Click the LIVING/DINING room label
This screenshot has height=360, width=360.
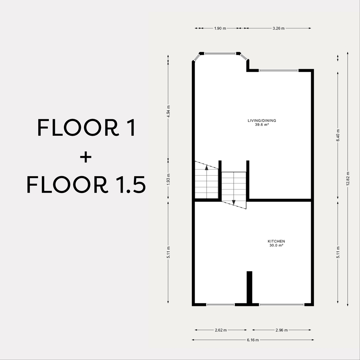262,121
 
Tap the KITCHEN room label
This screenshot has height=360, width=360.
276,241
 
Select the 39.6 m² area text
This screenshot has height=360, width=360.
262,125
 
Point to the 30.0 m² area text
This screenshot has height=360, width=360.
276,245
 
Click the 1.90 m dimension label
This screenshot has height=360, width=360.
220,28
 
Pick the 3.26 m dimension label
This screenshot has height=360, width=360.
278,28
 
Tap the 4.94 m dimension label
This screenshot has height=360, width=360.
168,111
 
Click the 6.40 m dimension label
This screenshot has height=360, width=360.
338,135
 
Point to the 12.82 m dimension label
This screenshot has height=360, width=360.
348,179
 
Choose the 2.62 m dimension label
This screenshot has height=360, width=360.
221,330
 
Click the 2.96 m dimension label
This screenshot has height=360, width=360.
282,330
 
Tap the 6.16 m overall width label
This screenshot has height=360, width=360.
253,340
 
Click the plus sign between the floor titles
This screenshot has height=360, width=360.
86,157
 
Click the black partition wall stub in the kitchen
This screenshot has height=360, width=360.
249,287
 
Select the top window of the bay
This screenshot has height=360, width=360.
220,54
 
